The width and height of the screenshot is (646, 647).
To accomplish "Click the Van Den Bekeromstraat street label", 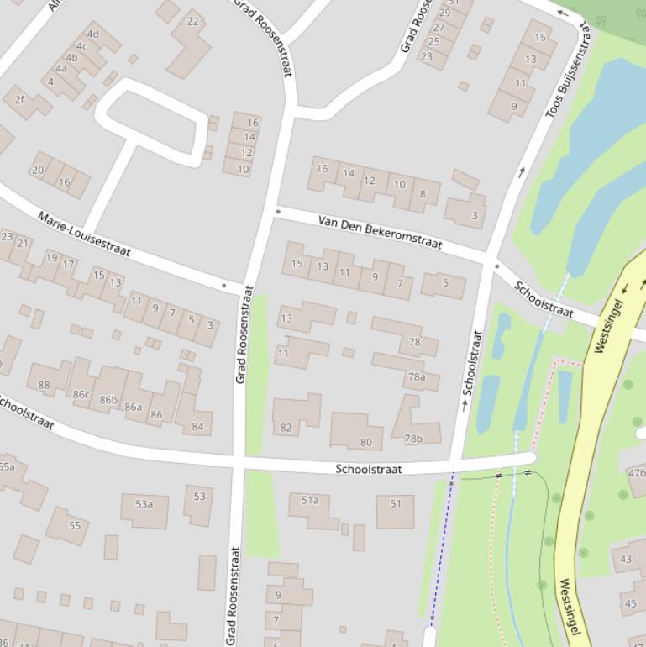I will (x=380, y=233).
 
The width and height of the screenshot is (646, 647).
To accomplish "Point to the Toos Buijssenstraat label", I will (x=568, y=71).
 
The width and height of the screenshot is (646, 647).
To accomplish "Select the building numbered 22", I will (x=192, y=22).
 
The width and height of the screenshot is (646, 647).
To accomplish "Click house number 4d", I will (x=93, y=35).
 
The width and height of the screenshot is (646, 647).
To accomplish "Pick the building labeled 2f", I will (x=20, y=100).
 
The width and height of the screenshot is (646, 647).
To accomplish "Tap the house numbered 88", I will (x=44, y=386).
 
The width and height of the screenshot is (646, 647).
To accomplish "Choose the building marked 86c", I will (x=81, y=393).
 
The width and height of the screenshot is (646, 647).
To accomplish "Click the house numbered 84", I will (x=197, y=426).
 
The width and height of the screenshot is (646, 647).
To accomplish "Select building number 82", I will (x=286, y=428).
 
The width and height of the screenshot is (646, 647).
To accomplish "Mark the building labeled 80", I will (x=365, y=442).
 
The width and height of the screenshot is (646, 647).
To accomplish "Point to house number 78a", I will (x=417, y=377).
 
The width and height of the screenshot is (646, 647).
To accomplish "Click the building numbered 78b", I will (x=413, y=438).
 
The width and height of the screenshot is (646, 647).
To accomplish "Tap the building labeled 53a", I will (x=144, y=504).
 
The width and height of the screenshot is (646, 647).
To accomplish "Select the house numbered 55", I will (x=75, y=525).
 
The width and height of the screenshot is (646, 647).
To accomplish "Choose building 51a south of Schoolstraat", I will (x=310, y=500).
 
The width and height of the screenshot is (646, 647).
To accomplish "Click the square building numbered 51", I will (x=396, y=504).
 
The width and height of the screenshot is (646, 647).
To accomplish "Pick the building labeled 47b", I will (x=637, y=473).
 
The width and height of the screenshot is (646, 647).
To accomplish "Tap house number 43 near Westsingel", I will (x=626, y=559).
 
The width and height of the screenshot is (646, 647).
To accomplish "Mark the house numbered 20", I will (x=38, y=170).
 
